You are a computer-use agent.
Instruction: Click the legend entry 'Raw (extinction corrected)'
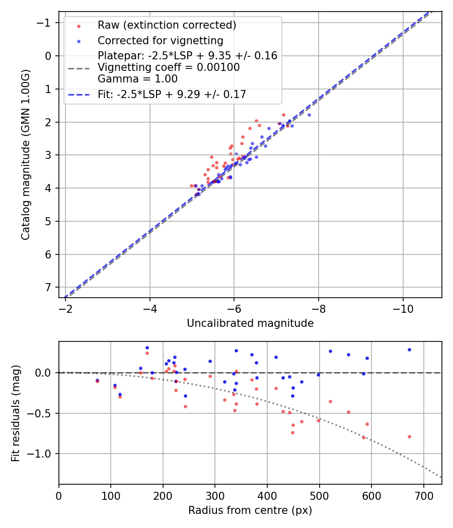click(167, 25)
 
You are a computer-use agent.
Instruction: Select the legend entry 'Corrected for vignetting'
click(160, 40)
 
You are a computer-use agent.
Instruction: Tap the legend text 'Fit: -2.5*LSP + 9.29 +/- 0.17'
click(172, 94)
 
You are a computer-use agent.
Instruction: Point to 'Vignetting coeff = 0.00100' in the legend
click(169, 67)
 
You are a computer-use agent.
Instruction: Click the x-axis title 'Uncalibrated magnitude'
click(250, 323)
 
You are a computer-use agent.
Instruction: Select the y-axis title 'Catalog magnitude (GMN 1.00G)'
click(26, 154)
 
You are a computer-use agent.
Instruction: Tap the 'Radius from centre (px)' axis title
click(250, 510)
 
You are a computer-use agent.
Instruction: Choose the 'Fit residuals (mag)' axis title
click(16, 413)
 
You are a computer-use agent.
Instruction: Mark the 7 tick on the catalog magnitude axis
click(48, 287)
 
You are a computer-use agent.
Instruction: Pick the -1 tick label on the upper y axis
click(45, 23)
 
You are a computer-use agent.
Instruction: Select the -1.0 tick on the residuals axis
click(42, 454)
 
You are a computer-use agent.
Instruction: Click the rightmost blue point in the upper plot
click(309, 115)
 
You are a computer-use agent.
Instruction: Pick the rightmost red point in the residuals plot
click(409, 436)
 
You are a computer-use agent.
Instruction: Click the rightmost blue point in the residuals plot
click(409, 349)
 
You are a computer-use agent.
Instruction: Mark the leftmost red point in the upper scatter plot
click(191, 186)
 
